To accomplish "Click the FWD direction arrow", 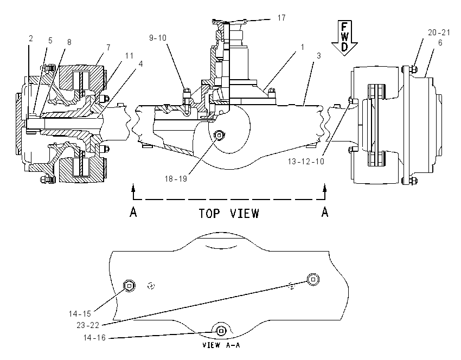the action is click(x=344, y=37).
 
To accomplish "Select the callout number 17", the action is click(x=281, y=18).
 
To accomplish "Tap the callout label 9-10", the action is click(x=158, y=38).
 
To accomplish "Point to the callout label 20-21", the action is click(x=439, y=33).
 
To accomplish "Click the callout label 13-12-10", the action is click(x=306, y=162).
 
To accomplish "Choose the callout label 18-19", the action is click(x=176, y=179).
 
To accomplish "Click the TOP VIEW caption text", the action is click(x=229, y=214).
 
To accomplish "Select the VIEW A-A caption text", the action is click(x=221, y=345).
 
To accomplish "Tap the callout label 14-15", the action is click(x=80, y=314).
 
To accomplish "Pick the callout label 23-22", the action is click(x=88, y=325).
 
